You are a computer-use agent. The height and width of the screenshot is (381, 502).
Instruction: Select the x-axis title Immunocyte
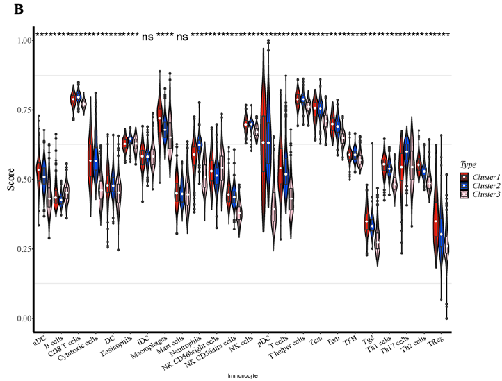point(241,375)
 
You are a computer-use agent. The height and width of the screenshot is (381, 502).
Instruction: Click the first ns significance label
point(147,37)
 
